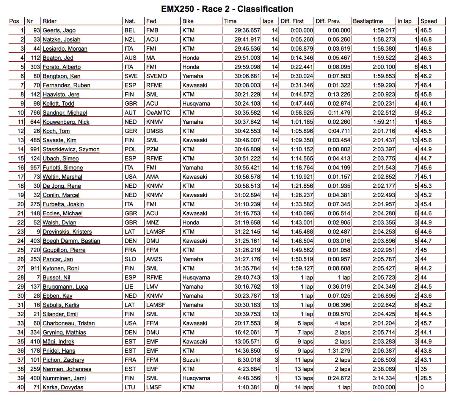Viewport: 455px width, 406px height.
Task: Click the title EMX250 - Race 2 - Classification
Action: pyautogui.click(x=227, y=9)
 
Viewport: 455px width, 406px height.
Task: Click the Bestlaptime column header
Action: pyautogui.click(x=368, y=21)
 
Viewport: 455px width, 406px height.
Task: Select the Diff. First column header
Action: pyautogui.click(x=292, y=21)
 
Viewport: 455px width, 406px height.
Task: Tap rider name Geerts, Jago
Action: pyautogui.click(x=59, y=30)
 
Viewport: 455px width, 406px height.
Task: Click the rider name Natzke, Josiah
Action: pyautogui.click(x=61, y=39)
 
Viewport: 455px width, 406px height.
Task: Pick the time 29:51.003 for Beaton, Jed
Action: pyautogui.click(x=247, y=58)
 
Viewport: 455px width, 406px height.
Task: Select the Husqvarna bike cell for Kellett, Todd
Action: pyautogui.click(x=196, y=104)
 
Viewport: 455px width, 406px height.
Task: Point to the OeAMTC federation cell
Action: pyautogui.click(x=158, y=113)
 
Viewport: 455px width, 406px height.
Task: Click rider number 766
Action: pyautogui.click(x=35, y=113)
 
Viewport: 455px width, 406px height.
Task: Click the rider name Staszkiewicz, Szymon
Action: pyautogui.click(x=71, y=149)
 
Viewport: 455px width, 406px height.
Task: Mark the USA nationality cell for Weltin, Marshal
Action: pyautogui.click(x=130, y=177)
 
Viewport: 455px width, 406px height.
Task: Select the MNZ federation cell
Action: pyautogui.click(x=152, y=222)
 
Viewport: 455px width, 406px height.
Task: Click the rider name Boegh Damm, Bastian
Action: pyautogui.click(x=71, y=241)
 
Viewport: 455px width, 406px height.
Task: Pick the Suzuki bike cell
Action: pyautogui.click(x=191, y=360)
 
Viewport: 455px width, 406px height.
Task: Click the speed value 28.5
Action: pyautogui.click(x=426, y=378)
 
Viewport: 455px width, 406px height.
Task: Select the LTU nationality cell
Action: pyautogui.click(x=130, y=387)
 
